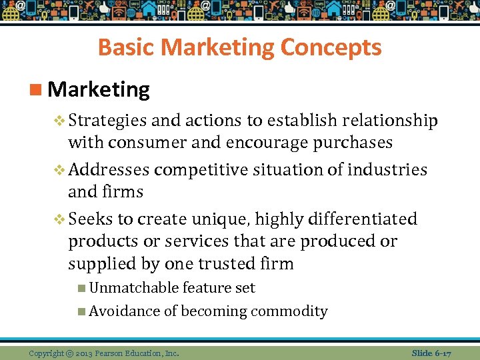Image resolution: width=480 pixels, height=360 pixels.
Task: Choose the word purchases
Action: (x=351, y=143)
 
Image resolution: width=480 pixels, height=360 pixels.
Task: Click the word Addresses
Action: (x=109, y=170)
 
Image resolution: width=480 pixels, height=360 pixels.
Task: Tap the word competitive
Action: (x=201, y=170)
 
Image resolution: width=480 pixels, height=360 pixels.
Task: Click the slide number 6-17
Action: (x=442, y=353)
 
